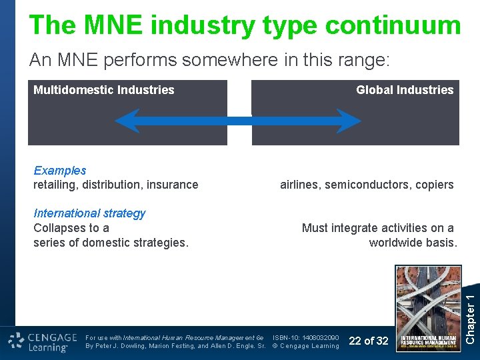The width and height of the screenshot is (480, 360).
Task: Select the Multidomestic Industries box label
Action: point(104,90)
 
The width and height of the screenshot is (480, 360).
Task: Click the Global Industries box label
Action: point(404,90)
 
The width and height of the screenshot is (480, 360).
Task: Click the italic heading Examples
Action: point(60,171)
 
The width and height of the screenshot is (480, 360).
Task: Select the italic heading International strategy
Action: point(89,213)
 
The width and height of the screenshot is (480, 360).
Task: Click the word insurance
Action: point(175,185)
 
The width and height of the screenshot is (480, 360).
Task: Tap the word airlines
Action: point(300,185)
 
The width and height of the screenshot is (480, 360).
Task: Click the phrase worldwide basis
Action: point(413,243)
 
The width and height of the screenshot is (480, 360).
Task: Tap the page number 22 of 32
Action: point(369,341)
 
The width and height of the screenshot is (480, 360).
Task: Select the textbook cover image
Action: point(428,308)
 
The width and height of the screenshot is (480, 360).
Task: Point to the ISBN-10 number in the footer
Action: point(306,337)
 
